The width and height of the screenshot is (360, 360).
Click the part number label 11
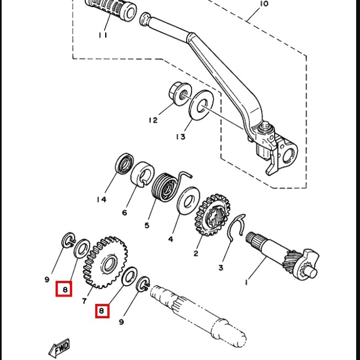click(x=103, y=35)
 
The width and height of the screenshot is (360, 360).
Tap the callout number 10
click(x=264, y=4)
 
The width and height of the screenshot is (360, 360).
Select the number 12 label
click(x=153, y=120)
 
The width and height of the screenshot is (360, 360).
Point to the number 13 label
click(x=181, y=137)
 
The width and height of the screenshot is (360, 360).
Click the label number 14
click(x=101, y=199)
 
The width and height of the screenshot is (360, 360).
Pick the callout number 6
click(x=124, y=213)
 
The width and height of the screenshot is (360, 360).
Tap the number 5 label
click(x=147, y=225)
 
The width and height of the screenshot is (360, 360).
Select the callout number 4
click(x=171, y=239)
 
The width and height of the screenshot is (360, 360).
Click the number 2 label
click(x=195, y=253)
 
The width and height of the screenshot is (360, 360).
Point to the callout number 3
click(x=221, y=268)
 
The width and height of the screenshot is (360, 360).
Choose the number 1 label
click(x=247, y=282)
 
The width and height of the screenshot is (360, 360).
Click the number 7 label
click(x=84, y=301)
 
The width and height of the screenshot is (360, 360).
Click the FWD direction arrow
click(x=59, y=348)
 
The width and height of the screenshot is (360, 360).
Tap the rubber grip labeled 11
click(x=111, y=9)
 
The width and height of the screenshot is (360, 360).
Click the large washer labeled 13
click(x=201, y=105)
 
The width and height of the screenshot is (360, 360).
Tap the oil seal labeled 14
click(x=124, y=163)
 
